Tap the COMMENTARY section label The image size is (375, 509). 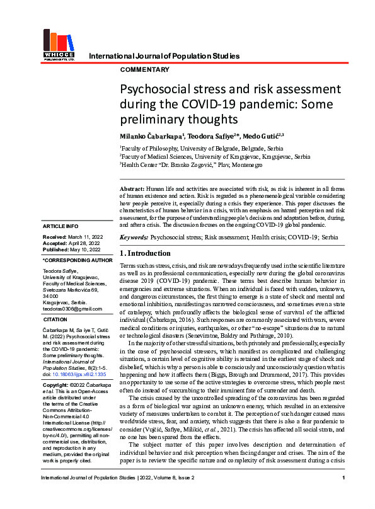point(144,70)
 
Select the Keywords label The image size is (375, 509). point(134,238)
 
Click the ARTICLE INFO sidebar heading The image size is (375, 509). point(61,226)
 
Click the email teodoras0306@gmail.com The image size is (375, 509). point(72,308)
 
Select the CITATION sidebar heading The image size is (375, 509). point(55,320)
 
